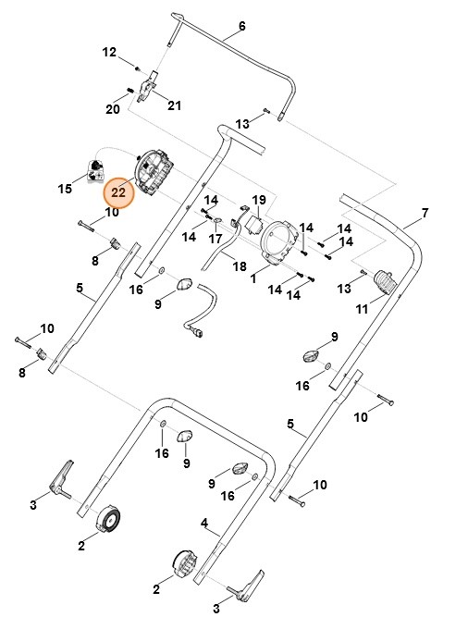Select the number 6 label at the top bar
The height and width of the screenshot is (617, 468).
coord(242,26)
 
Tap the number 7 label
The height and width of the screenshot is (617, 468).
coord(425,214)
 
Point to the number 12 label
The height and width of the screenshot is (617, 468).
coord(110,53)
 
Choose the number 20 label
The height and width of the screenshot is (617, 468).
coord(113,109)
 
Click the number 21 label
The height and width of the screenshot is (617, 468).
coord(175,105)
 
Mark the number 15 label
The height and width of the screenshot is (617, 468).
coord(65,189)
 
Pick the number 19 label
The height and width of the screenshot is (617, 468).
coord(259,200)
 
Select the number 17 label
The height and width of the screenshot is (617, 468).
coord(216,238)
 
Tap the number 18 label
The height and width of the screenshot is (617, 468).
coord(240,266)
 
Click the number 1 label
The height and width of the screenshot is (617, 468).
coord(252,278)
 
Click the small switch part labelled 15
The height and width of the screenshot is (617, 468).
coord(96,168)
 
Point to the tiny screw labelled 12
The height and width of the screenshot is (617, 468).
coord(136,68)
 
